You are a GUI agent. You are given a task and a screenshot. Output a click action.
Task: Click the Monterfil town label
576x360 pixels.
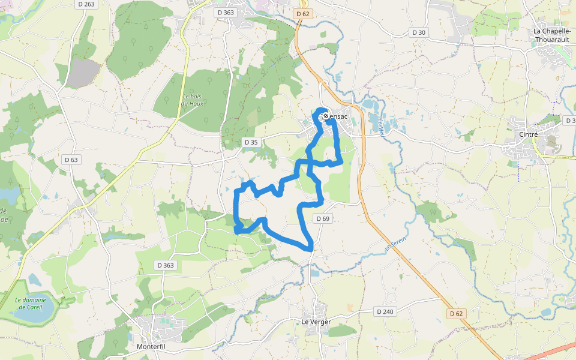click(151, 347)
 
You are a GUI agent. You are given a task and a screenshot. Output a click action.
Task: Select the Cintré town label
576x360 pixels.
click(528, 134)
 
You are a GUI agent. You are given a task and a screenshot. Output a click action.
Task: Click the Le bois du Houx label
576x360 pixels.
click(193, 100)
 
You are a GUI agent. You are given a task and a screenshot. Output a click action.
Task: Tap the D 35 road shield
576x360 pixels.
click(251, 142)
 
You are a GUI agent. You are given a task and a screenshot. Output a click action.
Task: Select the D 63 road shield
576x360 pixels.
click(71, 160)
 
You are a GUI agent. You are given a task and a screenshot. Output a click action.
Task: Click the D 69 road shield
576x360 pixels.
click(322, 219)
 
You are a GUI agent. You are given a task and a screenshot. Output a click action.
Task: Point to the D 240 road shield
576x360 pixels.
click(385, 311)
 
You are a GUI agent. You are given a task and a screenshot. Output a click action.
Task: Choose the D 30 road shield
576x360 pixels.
click(418, 32)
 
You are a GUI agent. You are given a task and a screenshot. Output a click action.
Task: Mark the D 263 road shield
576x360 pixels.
click(86, 4)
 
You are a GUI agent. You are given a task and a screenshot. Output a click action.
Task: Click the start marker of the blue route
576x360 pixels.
click(326, 116)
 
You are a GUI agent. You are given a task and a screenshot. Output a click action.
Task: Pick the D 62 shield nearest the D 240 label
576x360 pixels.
click(457, 313)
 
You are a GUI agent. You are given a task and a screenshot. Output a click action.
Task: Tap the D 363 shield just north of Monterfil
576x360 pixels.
click(165, 265)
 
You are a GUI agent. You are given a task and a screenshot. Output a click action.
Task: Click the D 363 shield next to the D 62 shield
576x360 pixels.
click(226, 12)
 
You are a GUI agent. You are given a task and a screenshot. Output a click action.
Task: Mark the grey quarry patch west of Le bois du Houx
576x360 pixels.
click(83, 73)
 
